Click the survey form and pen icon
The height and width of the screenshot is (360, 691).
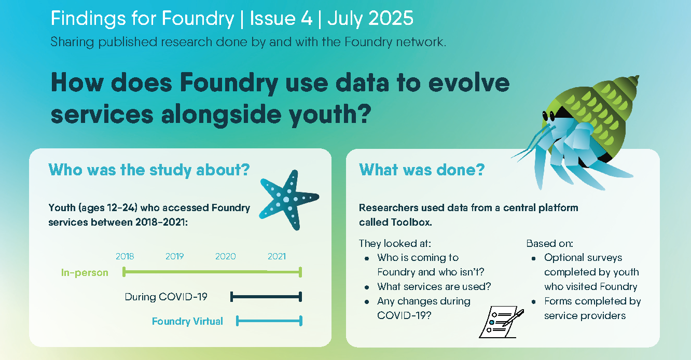[x=501, y=322]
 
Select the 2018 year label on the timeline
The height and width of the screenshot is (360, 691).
[x=125, y=256]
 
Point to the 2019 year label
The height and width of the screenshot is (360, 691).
[x=175, y=256]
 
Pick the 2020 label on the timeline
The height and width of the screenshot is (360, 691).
[x=226, y=256]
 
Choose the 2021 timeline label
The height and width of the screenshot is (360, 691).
[x=277, y=256]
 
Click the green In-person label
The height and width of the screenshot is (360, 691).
[x=85, y=273]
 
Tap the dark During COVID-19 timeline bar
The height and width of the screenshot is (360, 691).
[x=266, y=297]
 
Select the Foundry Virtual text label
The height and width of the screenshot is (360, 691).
[x=187, y=321]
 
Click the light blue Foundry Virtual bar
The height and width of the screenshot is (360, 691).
[x=269, y=321]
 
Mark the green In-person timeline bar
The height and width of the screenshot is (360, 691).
[x=212, y=272]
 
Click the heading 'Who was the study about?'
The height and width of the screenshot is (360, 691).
[x=149, y=170]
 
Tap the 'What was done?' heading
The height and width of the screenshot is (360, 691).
[x=422, y=170]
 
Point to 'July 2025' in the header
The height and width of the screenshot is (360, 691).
[x=370, y=18]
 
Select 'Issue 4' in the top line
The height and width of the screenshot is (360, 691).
[x=281, y=18]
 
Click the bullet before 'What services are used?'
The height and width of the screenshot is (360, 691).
[x=366, y=287]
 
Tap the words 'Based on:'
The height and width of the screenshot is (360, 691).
[x=549, y=243]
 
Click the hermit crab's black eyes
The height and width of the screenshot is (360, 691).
[x=548, y=116]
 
